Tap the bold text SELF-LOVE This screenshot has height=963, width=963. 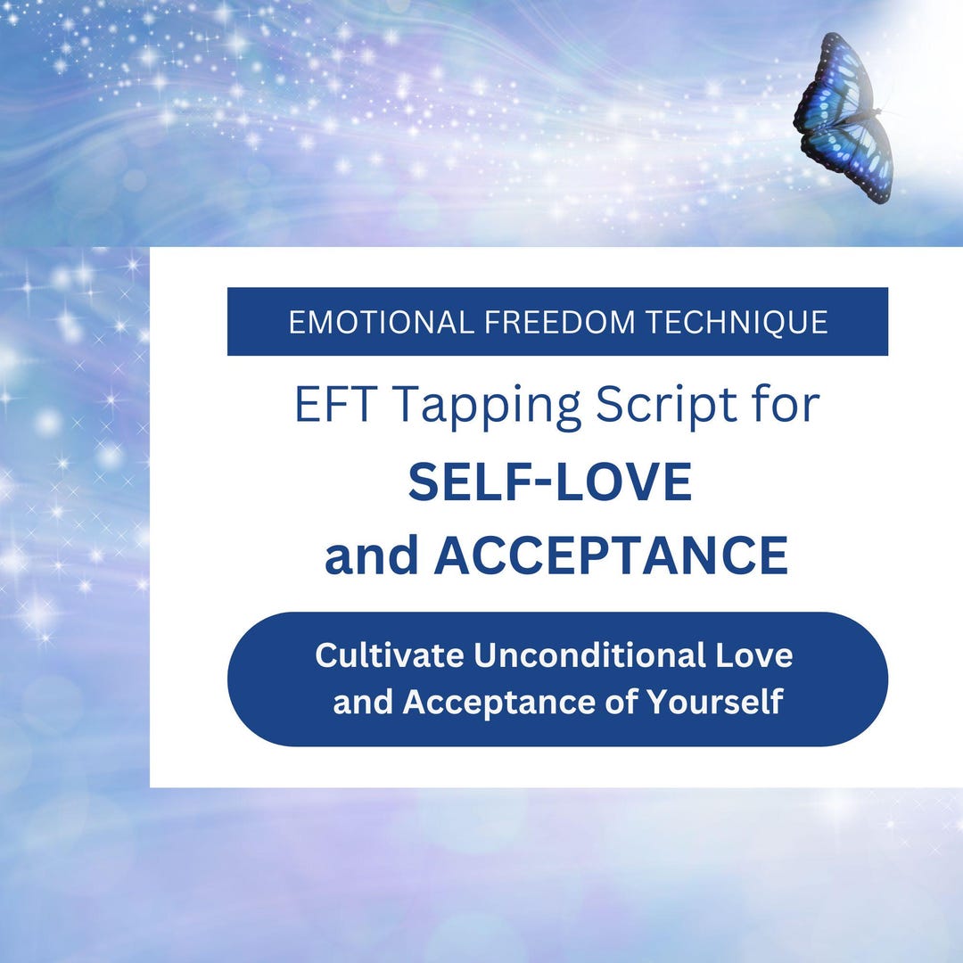click(x=550, y=482)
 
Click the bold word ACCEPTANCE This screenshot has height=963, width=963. click(x=610, y=556)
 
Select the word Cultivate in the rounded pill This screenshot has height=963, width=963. click(x=389, y=655)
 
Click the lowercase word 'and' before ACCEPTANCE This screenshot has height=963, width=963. click(x=372, y=556)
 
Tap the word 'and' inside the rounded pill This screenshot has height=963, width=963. click(x=362, y=702)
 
